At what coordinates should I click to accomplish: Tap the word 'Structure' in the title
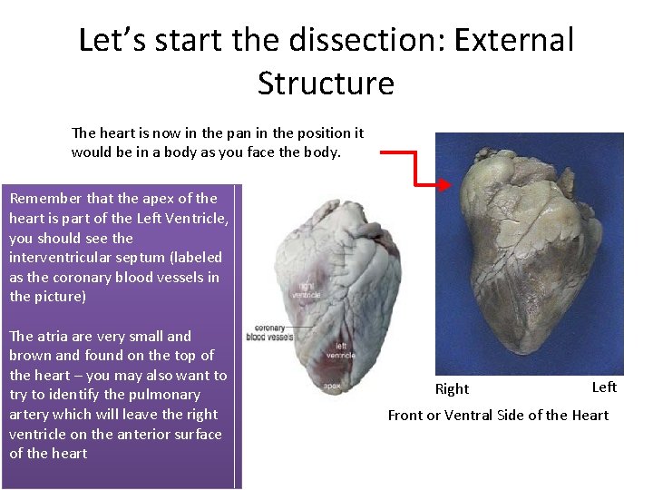pyautogui.click(x=326, y=83)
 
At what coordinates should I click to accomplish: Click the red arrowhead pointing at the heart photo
pyautogui.click(x=444, y=185)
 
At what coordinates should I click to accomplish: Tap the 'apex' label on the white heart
pyautogui.click(x=333, y=387)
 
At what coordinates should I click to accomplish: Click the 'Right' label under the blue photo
pyautogui.click(x=452, y=389)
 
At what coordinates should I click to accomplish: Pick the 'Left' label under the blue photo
pyautogui.click(x=604, y=387)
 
